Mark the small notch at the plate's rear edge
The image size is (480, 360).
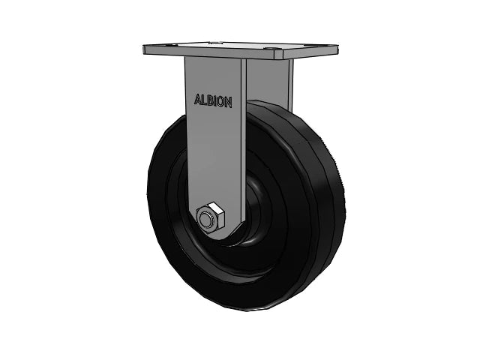217,43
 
